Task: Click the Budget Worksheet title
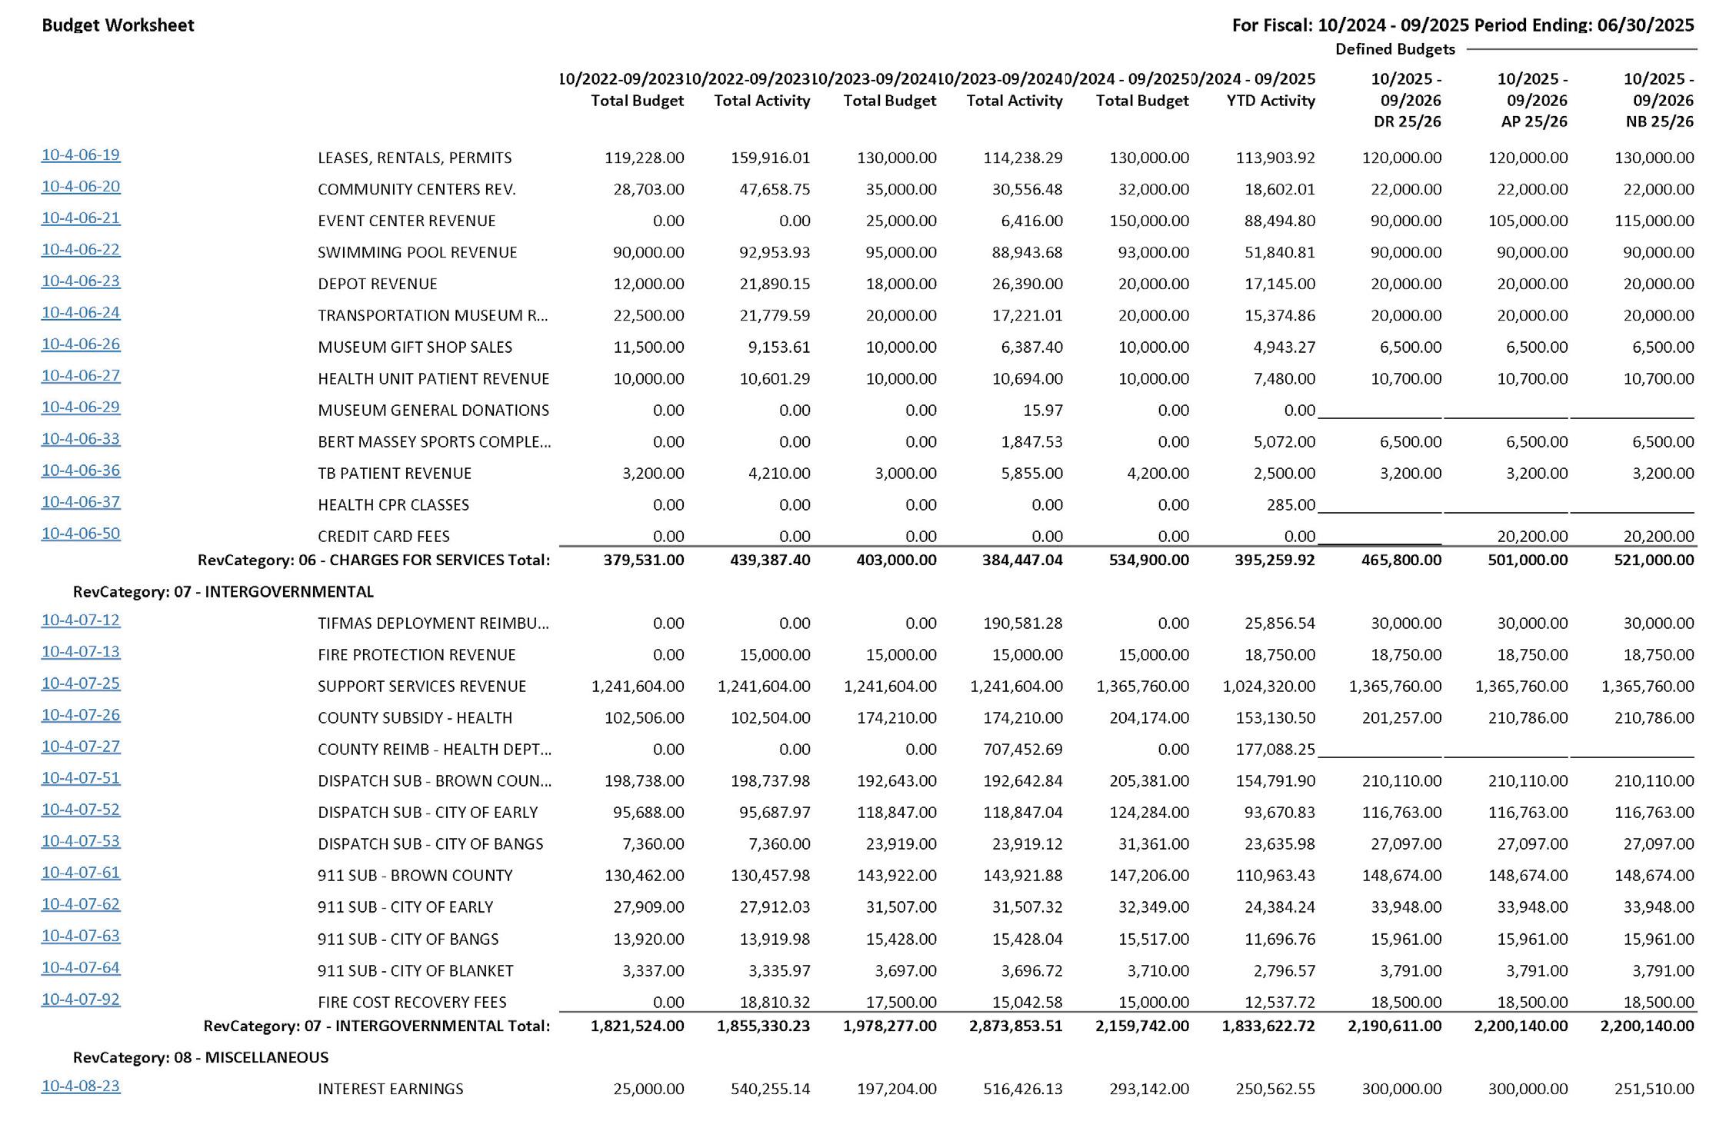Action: (118, 25)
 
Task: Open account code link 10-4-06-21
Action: (81, 218)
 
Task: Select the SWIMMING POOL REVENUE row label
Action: (417, 252)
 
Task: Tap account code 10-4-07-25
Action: (81, 684)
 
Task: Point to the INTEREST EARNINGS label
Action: (390, 1089)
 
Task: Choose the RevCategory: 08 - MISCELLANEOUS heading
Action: (200, 1057)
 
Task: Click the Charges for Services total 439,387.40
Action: (769, 560)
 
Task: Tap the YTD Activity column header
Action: (1271, 101)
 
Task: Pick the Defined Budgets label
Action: (1394, 49)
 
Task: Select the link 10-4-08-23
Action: (81, 1086)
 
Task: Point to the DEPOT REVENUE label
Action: (377, 284)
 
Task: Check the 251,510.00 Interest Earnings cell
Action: (1654, 1089)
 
